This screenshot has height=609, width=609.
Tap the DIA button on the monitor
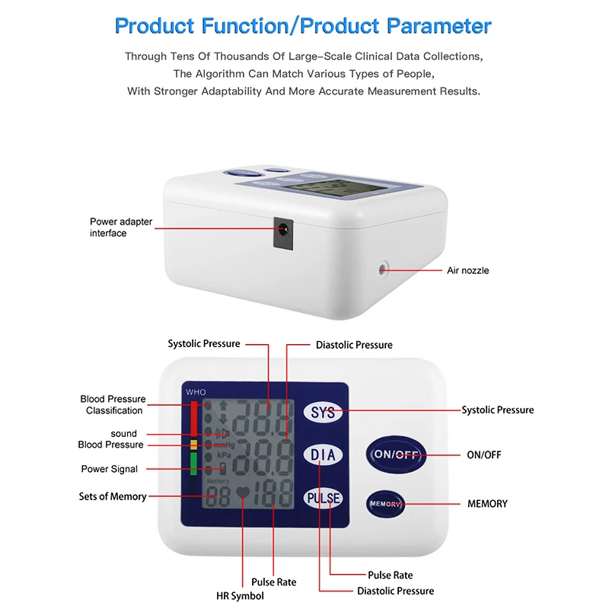[x=324, y=455]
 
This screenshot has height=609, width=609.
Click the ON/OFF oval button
[x=395, y=454]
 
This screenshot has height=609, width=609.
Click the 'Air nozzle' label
[x=467, y=270]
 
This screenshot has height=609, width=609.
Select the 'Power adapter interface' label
[x=121, y=227]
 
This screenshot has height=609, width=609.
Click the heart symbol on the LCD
[x=242, y=493]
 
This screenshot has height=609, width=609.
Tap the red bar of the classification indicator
[x=194, y=416]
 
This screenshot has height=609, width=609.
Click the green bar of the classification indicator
[x=194, y=463]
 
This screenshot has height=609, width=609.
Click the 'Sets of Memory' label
[x=113, y=496]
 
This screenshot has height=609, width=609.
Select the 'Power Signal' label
[x=110, y=469]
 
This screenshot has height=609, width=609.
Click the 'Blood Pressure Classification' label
[x=113, y=404]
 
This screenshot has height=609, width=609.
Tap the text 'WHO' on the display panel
[x=196, y=392]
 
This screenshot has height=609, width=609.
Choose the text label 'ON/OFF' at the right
[x=483, y=455]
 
